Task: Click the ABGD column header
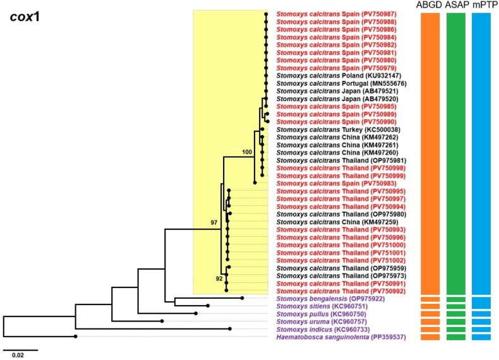[x=430, y=6]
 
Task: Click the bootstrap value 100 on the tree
[x=246, y=152]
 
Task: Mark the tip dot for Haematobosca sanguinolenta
[x=76, y=337]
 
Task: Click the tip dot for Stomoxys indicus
[x=230, y=329]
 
